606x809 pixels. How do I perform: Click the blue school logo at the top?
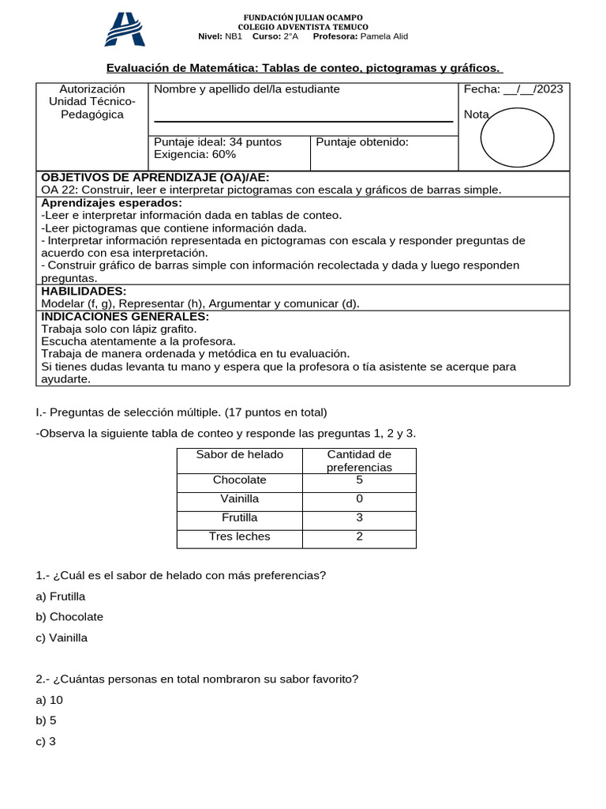pos(125,29)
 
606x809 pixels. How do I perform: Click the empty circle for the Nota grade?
pos(518,137)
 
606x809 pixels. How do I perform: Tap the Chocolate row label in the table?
pos(240,480)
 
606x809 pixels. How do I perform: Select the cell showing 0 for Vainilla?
pos(360,499)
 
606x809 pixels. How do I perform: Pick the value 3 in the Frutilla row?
pos(360,517)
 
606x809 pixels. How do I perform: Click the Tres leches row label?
pos(240,536)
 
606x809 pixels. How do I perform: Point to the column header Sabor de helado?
pos(240,454)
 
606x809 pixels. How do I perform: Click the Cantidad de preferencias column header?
pos(360,461)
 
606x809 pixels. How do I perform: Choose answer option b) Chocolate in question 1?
pos(69,616)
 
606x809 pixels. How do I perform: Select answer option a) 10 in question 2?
pos(49,700)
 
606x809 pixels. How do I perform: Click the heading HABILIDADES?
pos(84,291)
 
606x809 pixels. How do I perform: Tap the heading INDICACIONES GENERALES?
pos(125,316)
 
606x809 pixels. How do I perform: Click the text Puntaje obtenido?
pos(362,142)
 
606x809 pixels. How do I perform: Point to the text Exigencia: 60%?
pos(195,154)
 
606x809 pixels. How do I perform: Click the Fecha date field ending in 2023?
pos(514,89)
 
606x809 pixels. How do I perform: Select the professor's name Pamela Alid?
pos(383,36)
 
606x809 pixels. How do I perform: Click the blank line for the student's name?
pos(303,120)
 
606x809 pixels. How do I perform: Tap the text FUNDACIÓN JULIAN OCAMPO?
pos(303,17)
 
